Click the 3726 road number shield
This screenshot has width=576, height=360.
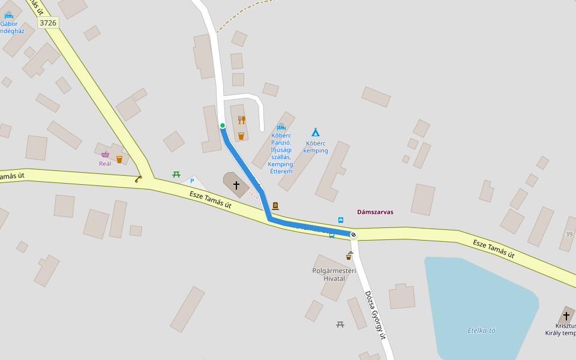click(x=48, y=23)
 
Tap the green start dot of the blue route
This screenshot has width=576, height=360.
click(x=223, y=125)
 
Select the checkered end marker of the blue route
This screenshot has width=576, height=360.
click(x=353, y=235)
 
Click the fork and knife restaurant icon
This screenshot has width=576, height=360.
click(x=241, y=120)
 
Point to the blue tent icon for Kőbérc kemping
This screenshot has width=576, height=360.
click(x=315, y=132)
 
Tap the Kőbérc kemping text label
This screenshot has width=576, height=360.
click(x=316, y=147)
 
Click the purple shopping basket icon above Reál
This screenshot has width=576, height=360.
click(x=106, y=154)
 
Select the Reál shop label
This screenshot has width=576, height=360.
click(x=105, y=163)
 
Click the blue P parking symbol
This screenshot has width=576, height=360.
click(x=192, y=181)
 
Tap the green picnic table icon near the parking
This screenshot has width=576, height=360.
click(x=176, y=175)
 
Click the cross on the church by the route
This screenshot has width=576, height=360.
click(x=236, y=185)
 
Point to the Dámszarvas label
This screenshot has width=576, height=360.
click(x=375, y=212)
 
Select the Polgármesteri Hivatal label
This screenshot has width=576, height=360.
click(x=334, y=274)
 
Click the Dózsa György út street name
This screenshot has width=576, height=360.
click(x=374, y=315)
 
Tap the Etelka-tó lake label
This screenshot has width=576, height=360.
click(x=481, y=331)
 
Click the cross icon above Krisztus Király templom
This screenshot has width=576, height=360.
click(x=566, y=316)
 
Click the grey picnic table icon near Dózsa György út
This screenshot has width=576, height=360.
click(x=340, y=325)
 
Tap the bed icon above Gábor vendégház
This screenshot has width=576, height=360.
click(x=8, y=14)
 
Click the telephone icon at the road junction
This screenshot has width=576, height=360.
click(x=139, y=178)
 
